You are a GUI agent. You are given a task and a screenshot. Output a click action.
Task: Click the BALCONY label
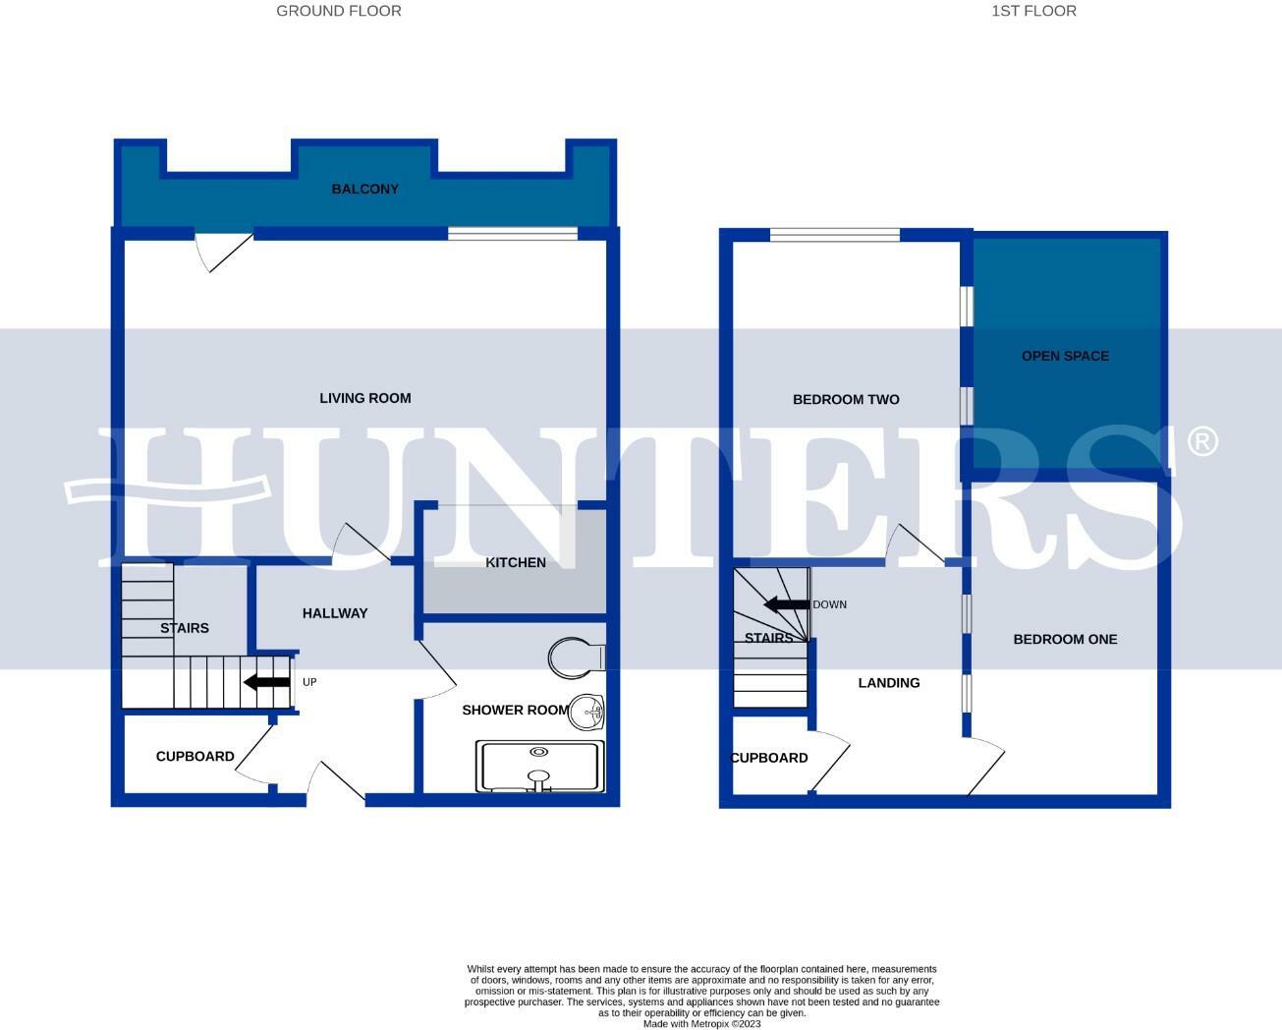(364, 189)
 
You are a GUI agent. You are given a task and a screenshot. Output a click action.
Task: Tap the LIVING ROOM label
(364, 398)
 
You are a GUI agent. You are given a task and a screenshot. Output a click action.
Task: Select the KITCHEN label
(516, 562)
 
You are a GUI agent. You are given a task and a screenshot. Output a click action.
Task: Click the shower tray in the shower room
(539, 767)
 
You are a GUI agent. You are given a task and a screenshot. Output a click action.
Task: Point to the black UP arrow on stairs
(266, 682)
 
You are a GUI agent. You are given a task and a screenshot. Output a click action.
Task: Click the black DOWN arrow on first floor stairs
(786, 604)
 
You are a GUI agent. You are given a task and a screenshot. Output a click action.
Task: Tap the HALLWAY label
(335, 613)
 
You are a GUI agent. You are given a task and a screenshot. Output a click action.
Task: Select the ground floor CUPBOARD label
(195, 756)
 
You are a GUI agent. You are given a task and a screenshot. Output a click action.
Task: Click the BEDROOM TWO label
(846, 399)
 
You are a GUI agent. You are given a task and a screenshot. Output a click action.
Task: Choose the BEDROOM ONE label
(1065, 639)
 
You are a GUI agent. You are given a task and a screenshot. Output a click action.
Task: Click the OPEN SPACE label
(1065, 356)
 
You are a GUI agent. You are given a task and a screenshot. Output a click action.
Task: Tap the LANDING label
(889, 683)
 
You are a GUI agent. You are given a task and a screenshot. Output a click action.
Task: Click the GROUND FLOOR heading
(338, 11)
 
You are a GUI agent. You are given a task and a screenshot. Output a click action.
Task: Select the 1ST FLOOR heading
(1032, 11)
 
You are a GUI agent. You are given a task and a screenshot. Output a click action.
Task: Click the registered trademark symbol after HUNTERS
(1202, 441)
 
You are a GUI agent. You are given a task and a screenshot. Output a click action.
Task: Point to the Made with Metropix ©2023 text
(701, 1023)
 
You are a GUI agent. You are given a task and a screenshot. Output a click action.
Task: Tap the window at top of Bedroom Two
(834, 235)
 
